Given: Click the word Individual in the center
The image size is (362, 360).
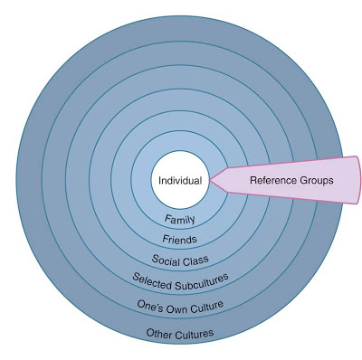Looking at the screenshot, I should [179, 181].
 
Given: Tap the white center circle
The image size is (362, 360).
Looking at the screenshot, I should [179, 166].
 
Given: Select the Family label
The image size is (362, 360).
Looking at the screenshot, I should [180, 219].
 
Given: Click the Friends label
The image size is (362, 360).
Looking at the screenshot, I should [180, 240].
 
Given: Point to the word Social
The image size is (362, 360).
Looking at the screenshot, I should [167, 261].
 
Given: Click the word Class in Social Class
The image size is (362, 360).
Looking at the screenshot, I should [195, 261].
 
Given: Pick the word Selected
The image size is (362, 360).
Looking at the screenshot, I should [154, 279].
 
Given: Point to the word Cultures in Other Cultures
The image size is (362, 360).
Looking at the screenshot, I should [195, 334].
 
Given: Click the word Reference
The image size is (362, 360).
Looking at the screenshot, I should [271, 180].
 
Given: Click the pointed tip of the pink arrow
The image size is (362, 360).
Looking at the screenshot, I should [210, 180].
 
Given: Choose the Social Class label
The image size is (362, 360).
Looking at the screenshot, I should [180, 261].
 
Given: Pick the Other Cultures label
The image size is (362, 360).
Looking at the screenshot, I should [180, 335].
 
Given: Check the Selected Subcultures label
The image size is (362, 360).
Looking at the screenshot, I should [180, 279].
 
